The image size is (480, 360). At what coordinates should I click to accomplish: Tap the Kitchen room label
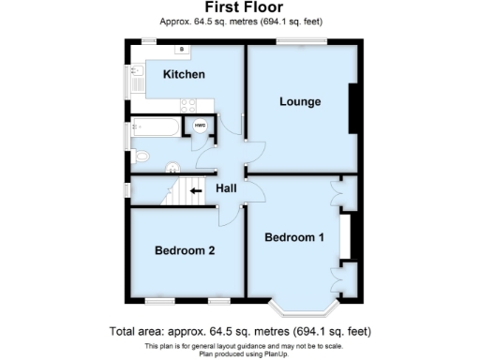click(184, 74)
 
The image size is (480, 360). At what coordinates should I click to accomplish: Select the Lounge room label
click(300, 101)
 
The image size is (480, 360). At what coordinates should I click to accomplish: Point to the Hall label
click(226, 188)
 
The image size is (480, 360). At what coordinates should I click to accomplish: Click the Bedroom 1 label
click(293, 237)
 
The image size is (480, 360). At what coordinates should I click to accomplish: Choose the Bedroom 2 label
click(185, 250)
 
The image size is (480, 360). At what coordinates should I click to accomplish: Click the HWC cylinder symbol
click(200, 126)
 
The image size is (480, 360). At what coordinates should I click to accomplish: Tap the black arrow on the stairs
click(195, 191)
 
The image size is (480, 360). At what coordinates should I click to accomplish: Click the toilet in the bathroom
click(141, 155)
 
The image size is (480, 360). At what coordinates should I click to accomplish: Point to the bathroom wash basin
click(172, 168)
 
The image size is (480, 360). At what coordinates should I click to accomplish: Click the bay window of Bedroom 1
click(300, 305)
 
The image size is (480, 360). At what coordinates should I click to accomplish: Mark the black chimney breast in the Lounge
click(352, 108)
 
